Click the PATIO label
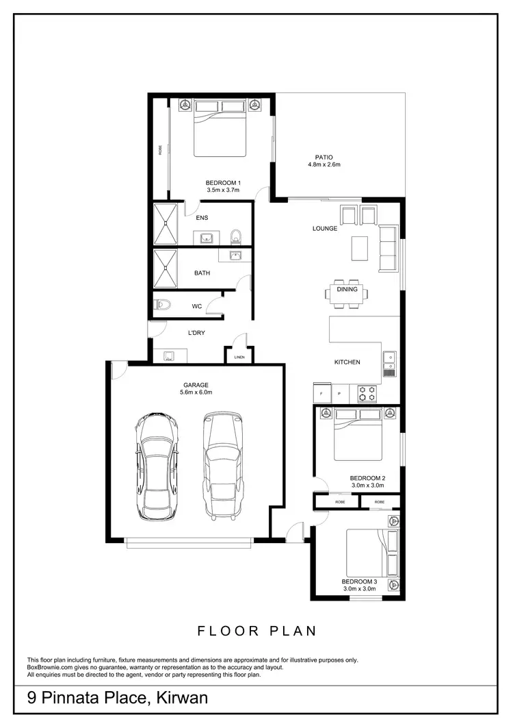324,157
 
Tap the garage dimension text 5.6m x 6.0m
196,392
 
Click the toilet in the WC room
161,305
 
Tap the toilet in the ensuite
236,237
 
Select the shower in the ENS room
165,223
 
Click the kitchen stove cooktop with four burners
367,394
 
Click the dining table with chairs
347,292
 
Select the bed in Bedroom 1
220,128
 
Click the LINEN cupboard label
239,357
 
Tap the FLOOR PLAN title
256,631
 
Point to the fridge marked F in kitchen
321,394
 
